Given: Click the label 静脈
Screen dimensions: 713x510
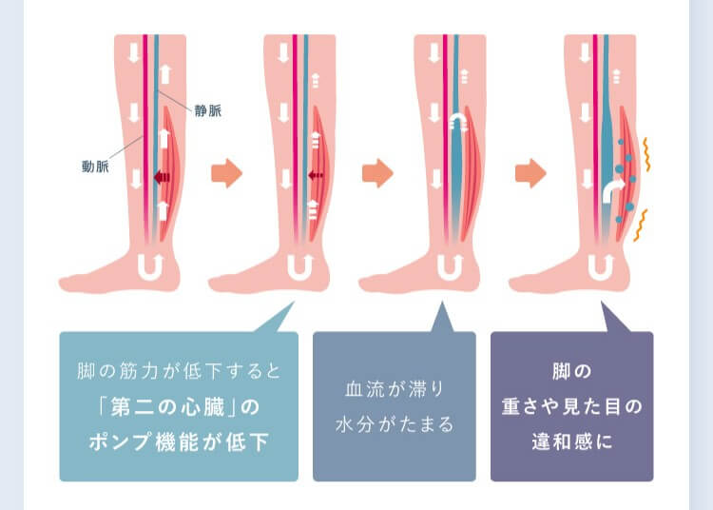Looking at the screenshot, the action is click(208, 110).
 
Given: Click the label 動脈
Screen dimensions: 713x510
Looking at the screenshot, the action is click(95, 167).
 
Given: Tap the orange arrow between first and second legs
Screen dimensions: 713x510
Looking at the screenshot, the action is click(227, 173).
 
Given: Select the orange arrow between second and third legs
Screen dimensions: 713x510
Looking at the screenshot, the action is click(377, 173).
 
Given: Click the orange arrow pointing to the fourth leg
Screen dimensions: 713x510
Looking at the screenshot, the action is click(530, 173).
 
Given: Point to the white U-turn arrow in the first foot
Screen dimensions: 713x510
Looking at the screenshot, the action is click(150, 267).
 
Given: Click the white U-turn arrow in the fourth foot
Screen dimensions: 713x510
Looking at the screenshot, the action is click(601, 267).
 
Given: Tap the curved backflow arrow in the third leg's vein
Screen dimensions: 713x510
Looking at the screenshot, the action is click(458, 123).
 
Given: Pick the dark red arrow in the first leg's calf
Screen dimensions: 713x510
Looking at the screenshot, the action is click(162, 177).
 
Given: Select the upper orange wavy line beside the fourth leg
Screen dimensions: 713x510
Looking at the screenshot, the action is click(646, 155).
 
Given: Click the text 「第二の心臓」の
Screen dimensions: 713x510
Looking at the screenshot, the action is click(179, 406).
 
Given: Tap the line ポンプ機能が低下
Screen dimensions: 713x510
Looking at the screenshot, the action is click(179, 441).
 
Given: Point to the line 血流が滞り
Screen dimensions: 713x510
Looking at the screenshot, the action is click(395, 389).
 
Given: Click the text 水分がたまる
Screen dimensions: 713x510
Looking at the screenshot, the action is click(395, 424).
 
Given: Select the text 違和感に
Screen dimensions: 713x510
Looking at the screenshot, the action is click(572, 441).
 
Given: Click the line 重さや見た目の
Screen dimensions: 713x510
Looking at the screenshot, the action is click(572, 406).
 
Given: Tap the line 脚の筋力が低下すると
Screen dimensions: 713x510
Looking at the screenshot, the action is click(179, 371).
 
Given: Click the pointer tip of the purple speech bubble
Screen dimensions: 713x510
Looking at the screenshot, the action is click(602, 301).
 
